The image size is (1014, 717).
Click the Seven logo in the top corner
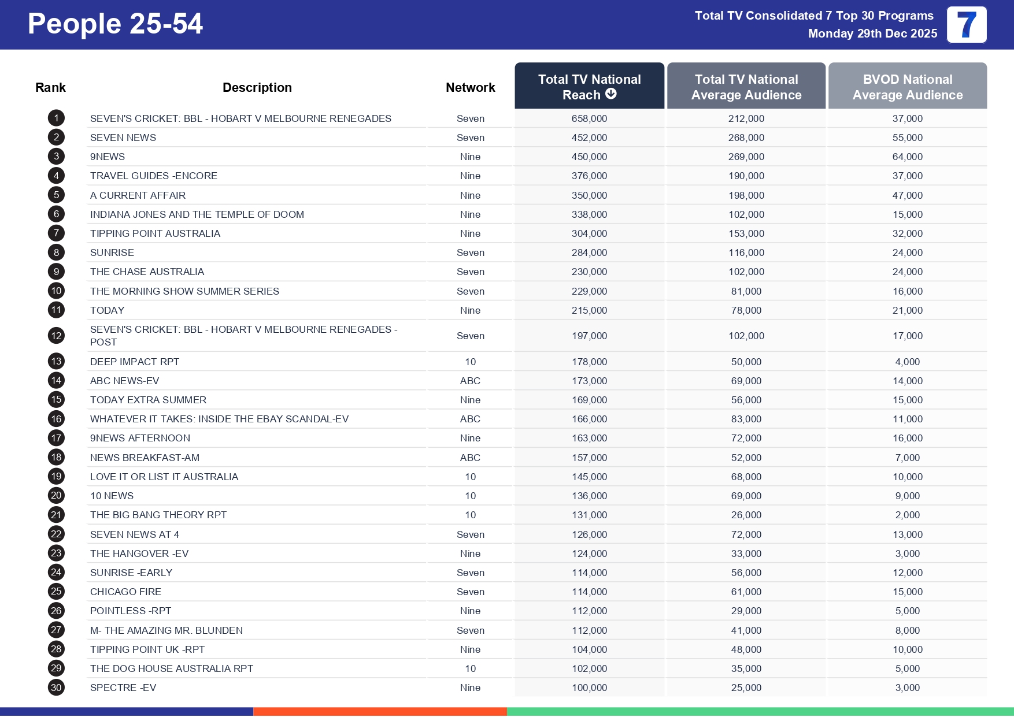click(967, 25)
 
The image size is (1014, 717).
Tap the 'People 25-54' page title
click(115, 24)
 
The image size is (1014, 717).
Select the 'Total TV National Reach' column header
click(589, 87)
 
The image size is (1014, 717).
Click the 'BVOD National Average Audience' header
click(907, 87)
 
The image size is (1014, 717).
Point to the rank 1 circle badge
click(56, 118)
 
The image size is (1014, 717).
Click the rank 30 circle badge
click(56, 688)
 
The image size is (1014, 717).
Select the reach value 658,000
click(589, 118)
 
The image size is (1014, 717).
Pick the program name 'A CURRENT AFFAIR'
click(138, 195)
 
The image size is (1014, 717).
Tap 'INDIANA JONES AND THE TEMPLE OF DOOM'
click(197, 214)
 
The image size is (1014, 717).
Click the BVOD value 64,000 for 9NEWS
click(907, 157)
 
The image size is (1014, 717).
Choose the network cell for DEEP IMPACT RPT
click(470, 362)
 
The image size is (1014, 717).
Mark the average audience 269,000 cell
click(746, 157)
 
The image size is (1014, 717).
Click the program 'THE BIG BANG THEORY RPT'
click(158, 515)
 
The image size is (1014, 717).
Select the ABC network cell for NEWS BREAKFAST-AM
click(470, 458)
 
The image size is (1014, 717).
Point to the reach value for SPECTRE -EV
click(589, 688)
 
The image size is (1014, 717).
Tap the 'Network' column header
click(470, 87)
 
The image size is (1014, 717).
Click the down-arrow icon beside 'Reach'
click(611, 94)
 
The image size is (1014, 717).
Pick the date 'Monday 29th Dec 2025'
click(872, 34)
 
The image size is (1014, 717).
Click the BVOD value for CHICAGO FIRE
click(907, 592)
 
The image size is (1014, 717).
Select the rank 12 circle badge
click(56, 336)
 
